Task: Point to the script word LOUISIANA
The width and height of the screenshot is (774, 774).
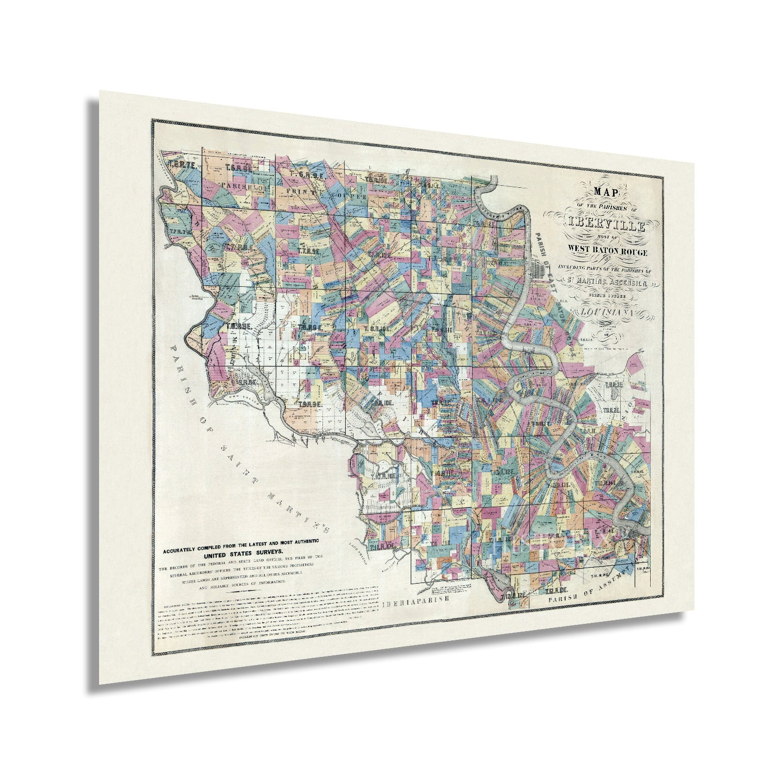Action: [609, 312]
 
